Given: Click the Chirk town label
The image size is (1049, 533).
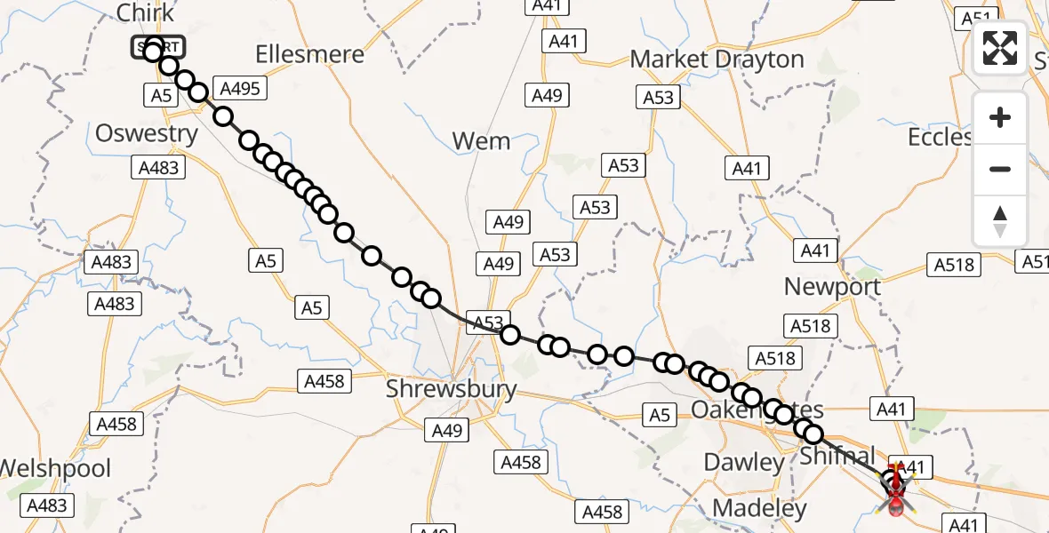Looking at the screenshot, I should coord(145,14).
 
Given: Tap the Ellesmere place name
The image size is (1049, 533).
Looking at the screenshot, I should coord(309,54).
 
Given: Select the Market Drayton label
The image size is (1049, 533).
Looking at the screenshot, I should coord(717,60).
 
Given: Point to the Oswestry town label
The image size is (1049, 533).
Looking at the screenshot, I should coord(147,134).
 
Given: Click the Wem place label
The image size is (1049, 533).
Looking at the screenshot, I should coord(481,141).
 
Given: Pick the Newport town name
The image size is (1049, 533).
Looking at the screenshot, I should coord(832,287).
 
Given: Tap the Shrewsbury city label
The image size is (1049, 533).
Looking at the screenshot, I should coord(451,389).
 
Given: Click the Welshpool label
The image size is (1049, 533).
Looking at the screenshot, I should coord(55,468).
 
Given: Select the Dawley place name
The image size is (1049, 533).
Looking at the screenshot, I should coord(744,463).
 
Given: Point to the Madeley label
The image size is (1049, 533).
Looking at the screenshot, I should coord(760,509).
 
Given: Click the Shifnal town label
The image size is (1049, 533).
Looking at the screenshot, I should coord(837,456).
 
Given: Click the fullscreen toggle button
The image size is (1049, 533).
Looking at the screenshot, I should coord(1000,48).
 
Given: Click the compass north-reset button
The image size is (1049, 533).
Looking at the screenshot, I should coord(1000,221).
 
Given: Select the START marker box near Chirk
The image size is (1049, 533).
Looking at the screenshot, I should coord(158,47).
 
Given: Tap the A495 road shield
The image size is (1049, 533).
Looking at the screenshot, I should coord(240,88).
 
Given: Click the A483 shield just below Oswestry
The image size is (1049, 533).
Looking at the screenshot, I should coord(158,167).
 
